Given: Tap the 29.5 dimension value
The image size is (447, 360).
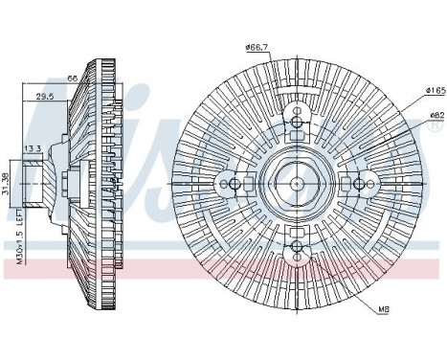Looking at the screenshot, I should [x=45, y=96].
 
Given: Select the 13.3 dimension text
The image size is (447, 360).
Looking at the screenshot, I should [x=31, y=148].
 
